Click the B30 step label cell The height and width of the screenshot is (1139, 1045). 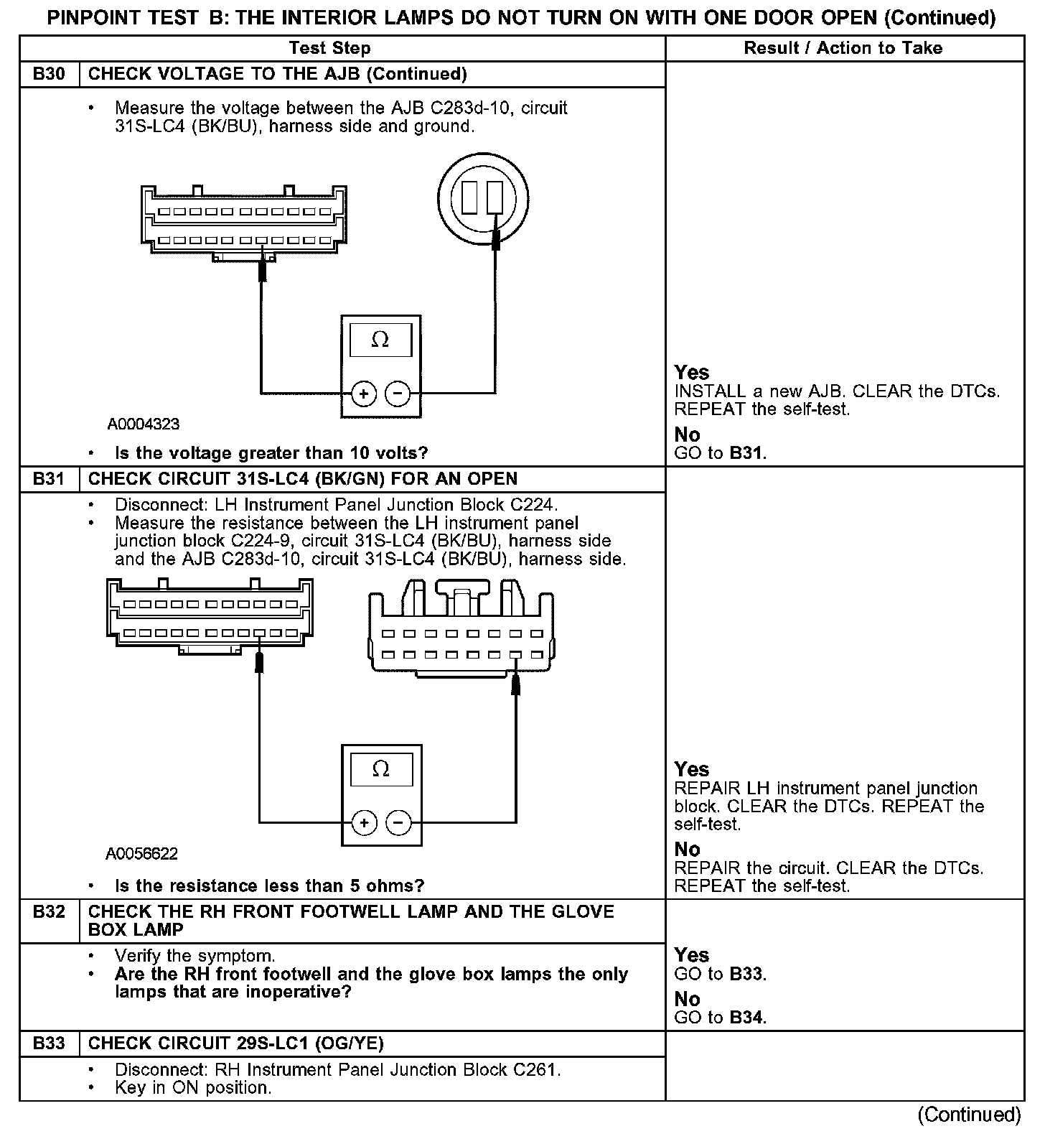click(49, 74)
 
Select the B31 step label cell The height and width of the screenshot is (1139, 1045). click(49, 479)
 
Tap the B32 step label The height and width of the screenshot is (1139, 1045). click(49, 912)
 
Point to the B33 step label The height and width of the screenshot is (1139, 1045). click(49, 1043)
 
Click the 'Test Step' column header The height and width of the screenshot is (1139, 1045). click(329, 48)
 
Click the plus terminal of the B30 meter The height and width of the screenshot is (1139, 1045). click(364, 394)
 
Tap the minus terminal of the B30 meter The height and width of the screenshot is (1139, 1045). click(398, 394)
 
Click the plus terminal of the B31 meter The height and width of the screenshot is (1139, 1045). click(365, 823)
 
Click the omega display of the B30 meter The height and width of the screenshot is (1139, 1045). click(380, 340)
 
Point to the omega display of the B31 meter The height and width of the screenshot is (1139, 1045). click(381, 769)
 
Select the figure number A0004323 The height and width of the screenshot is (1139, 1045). click(144, 424)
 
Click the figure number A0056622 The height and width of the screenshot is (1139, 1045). click(142, 854)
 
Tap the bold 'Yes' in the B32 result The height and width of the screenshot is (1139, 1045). click(692, 954)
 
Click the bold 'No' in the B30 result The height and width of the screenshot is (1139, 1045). click(687, 434)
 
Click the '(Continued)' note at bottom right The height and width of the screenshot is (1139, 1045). click(968, 1114)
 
